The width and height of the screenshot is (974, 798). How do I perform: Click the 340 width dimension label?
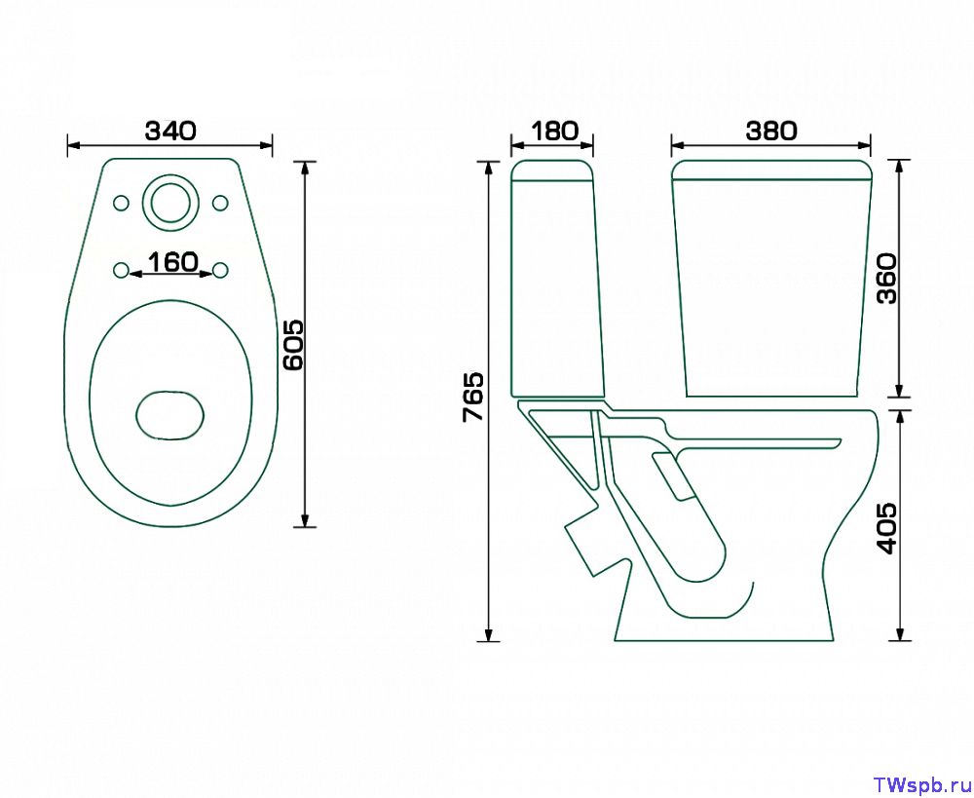(170, 132)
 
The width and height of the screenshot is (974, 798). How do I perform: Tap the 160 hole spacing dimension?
(172, 262)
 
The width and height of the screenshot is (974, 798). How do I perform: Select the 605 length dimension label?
(293, 345)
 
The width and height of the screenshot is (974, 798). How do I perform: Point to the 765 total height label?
(473, 398)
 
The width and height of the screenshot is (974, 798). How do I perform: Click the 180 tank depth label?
(553, 132)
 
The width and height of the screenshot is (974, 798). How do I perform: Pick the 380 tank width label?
(770, 132)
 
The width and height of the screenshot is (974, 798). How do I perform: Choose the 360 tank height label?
(887, 278)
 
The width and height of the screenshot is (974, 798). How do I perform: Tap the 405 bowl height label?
(886, 528)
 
